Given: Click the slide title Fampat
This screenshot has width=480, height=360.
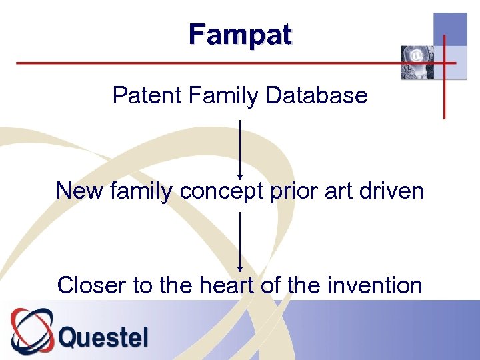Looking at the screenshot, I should [x=240, y=34].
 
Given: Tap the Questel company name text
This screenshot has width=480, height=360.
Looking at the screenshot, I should [x=103, y=337].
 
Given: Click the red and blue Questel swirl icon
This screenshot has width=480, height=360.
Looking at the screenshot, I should [x=31, y=331].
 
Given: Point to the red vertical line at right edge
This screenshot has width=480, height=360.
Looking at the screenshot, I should [x=444, y=93].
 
